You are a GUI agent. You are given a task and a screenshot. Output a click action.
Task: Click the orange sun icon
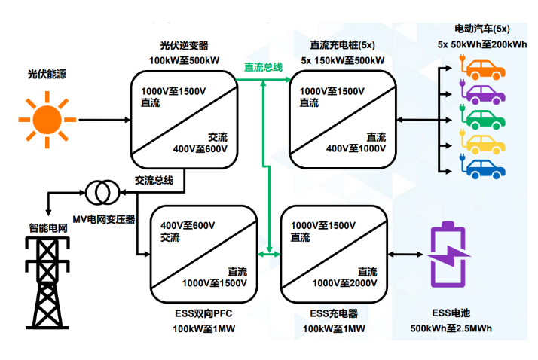[x=46, y=118]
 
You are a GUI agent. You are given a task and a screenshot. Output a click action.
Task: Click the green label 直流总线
[x=263, y=68]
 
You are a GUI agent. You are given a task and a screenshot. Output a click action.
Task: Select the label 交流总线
[x=154, y=180]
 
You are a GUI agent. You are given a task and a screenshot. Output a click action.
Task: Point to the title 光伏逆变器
[x=184, y=46]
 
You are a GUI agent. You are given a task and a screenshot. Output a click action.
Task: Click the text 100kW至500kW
[x=184, y=60]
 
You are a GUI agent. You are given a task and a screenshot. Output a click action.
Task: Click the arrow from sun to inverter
[x=102, y=119]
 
